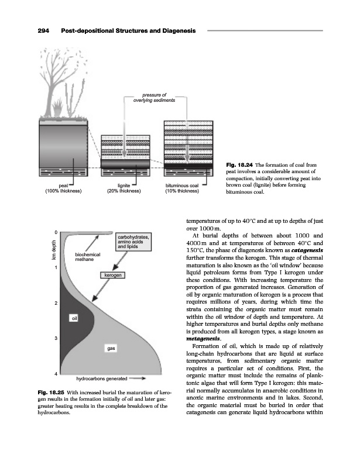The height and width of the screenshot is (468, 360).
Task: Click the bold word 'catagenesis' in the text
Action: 306,249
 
